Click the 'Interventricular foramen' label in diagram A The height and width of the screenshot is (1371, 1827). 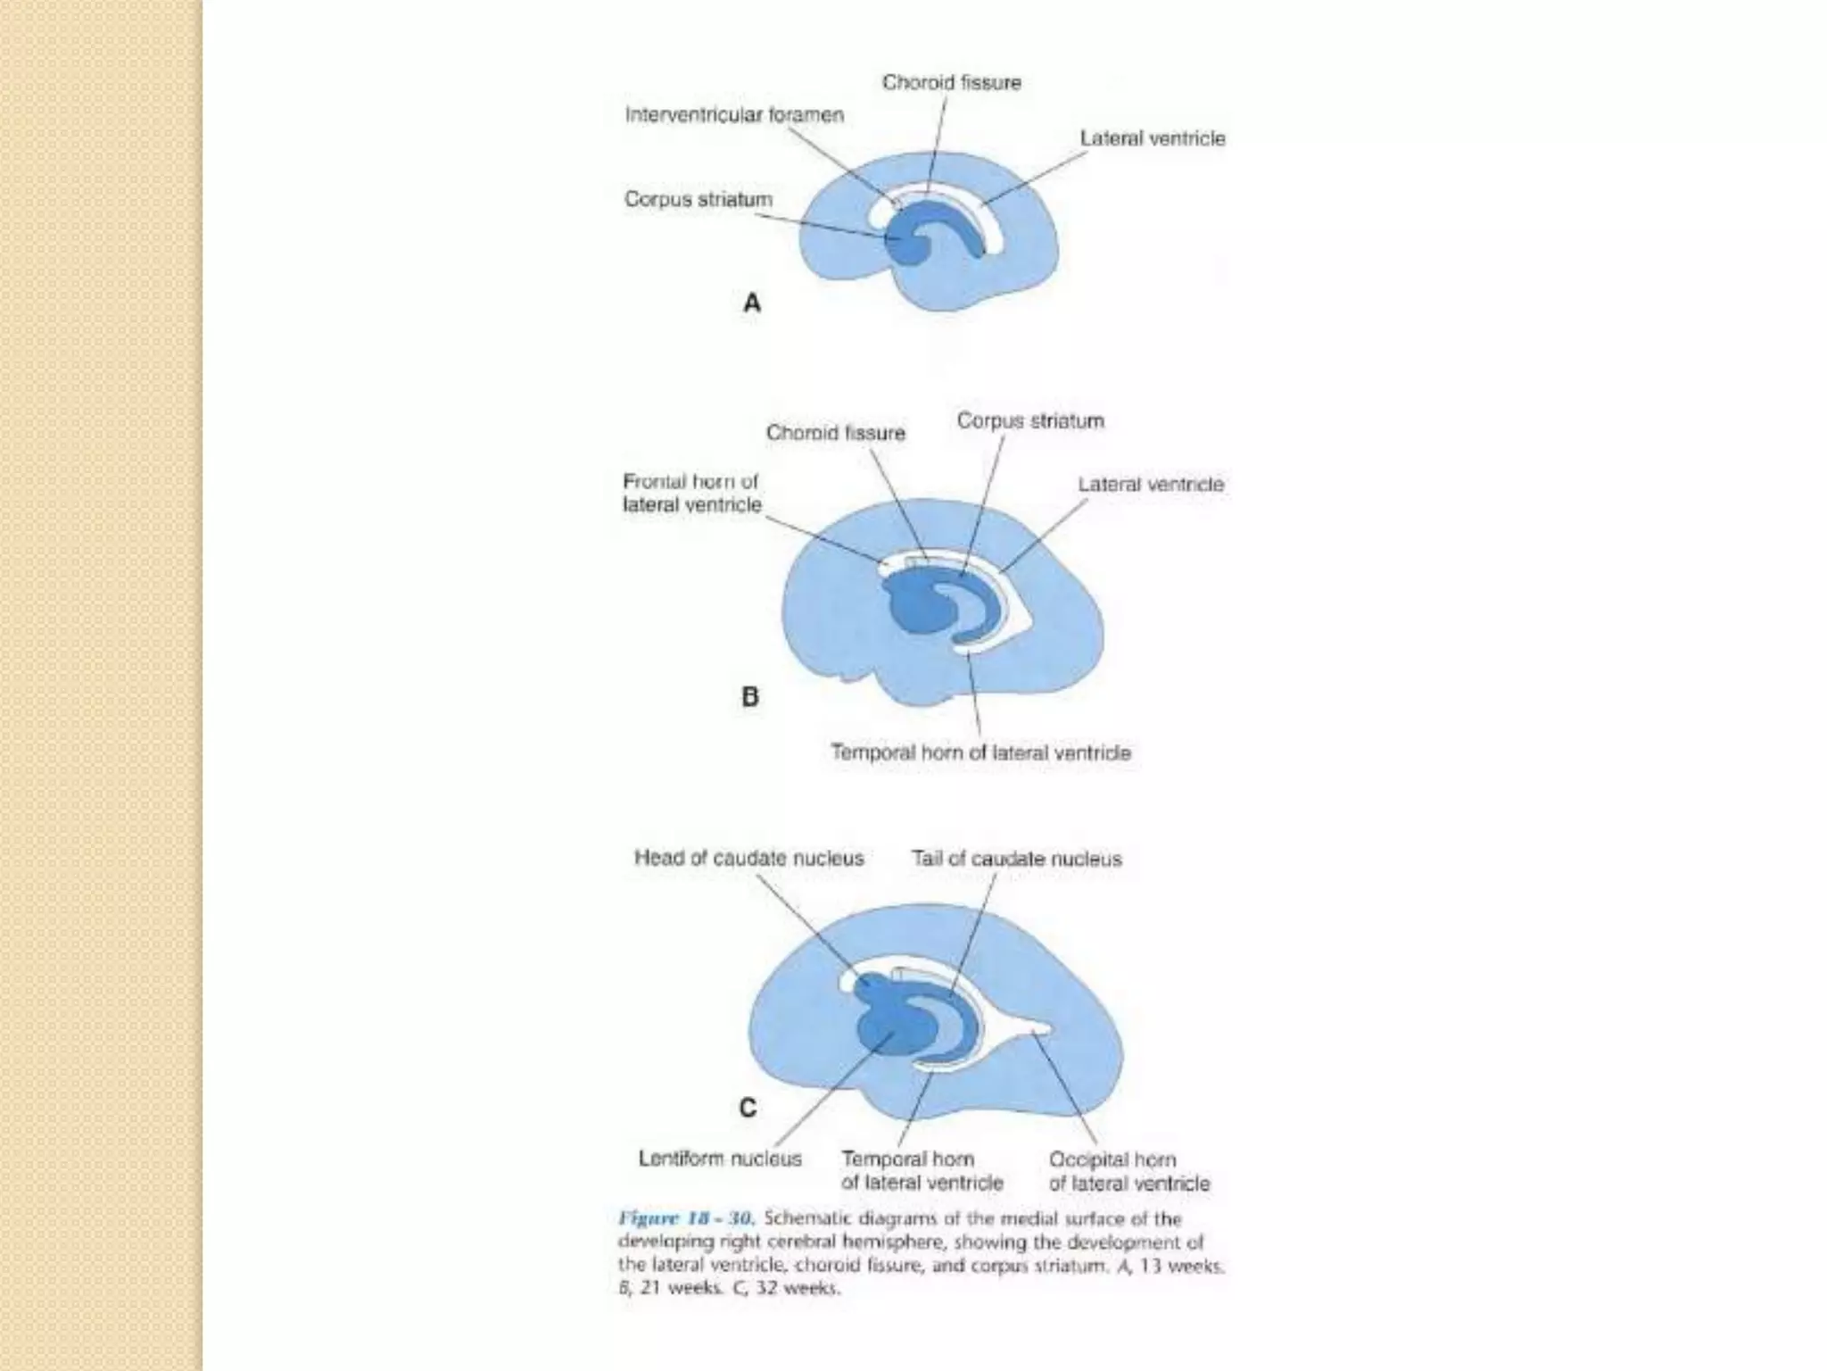pyautogui.click(x=734, y=115)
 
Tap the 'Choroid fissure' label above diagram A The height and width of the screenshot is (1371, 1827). pyautogui.click(x=952, y=83)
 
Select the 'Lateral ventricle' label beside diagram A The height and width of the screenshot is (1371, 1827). pyautogui.click(x=1153, y=138)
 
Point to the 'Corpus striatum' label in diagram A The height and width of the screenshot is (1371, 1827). pyautogui.click(x=699, y=199)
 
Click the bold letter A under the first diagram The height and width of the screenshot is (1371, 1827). pyautogui.click(x=752, y=303)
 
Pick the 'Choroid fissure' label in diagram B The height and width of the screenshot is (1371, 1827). pyautogui.click(x=836, y=433)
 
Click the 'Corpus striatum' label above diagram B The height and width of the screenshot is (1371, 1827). pyautogui.click(x=1030, y=420)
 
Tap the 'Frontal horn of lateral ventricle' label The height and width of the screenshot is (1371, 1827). pyautogui.click(x=692, y=493)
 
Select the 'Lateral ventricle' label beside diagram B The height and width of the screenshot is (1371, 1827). pyautogui.click(x=1151, y=485)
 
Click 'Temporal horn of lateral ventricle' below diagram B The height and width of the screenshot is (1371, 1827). pyautogui.click(x=980, y=752)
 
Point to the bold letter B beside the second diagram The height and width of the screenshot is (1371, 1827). pyautogui.click(x=750, y=696)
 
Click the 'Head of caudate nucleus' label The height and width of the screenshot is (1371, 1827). pyautogui.click(x=749, y=858)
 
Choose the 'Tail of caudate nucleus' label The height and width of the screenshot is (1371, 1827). pyautogui.click(x=1016, y=859)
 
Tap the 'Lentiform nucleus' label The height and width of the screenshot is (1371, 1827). pyautogui.click(x=720, y=1159)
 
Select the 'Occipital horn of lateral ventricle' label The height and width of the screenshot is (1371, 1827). pyautogui.click(x=1129, y=1171)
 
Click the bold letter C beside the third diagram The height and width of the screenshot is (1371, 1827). pyautogui.click(x=748, y=1108)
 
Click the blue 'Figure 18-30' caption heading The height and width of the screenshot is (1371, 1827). pyautogui.click(x=687, y=1218)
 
